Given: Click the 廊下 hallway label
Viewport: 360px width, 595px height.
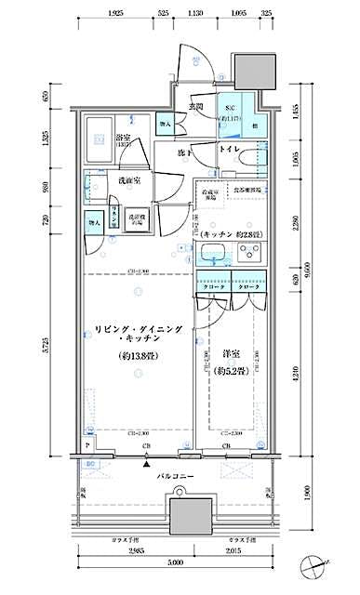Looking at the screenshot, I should coord(184,151).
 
